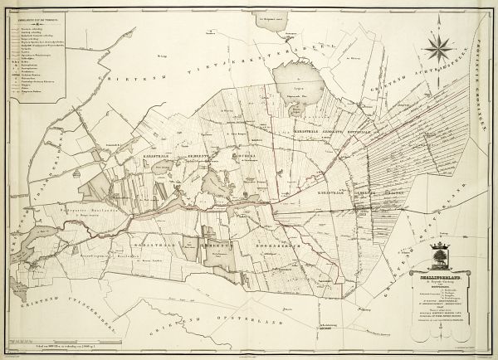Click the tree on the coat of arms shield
click(442, 251)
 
